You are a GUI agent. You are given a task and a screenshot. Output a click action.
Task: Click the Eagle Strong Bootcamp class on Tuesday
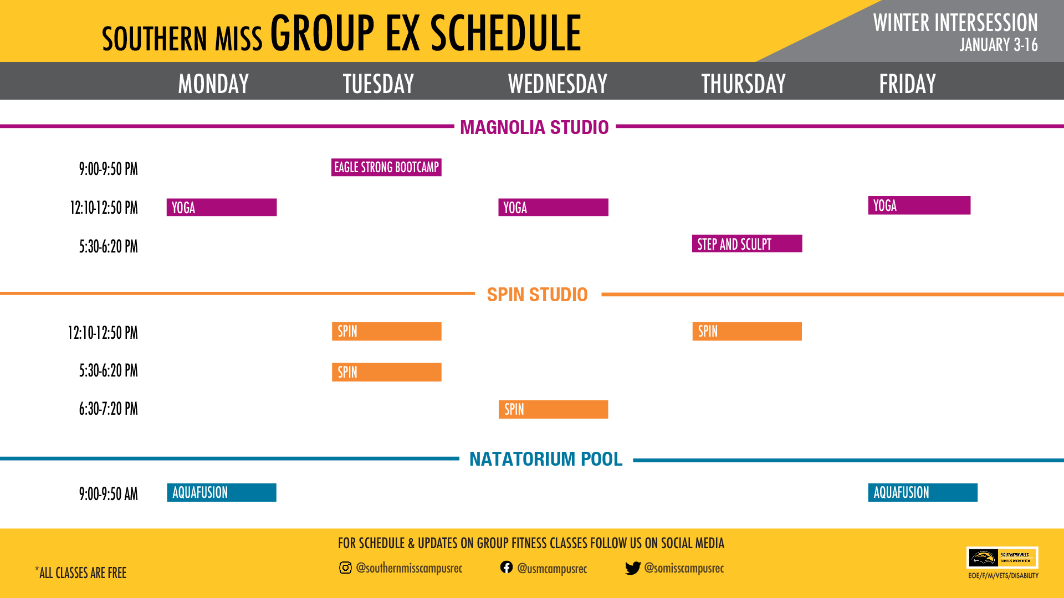[x=386, y=167]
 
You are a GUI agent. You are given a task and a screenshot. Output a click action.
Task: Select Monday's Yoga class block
[x=222, y=207]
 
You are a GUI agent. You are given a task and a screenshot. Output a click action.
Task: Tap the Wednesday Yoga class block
[x=553, y=207]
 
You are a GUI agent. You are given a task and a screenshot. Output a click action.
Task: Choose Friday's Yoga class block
[x=919, y=205]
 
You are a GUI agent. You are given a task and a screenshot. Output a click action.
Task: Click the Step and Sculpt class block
[x=747, y=244]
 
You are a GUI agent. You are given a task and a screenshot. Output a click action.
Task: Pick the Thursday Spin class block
[x=747, y=331]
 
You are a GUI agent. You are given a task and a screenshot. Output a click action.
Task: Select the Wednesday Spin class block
[x=553, y=409]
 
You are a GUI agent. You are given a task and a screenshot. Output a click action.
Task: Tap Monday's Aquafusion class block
[x=222, y=493]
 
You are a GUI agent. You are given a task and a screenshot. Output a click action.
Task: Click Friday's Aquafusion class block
[x=923, y=493]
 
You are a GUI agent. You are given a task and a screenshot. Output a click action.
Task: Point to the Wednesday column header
[x=557, y=84]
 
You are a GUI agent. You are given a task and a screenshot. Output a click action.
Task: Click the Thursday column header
[x=743, y=84]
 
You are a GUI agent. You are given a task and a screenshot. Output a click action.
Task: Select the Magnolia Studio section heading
[x=534, y=127]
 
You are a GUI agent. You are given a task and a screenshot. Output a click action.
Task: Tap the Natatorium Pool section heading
[x=546, y=459]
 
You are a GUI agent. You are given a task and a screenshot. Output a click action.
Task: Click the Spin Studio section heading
[x=537, y=295]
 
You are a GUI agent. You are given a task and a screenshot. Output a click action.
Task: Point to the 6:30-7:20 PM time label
[x=108, y=409]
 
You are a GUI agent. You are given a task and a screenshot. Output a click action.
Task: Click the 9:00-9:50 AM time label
[x=108, y=493]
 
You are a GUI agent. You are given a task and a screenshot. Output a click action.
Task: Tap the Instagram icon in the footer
[x=345, y=568]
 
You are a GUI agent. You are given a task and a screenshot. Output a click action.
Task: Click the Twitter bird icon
[x=633, y=568]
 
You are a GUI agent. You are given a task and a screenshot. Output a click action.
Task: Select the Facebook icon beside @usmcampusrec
[x=507, y=567]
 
